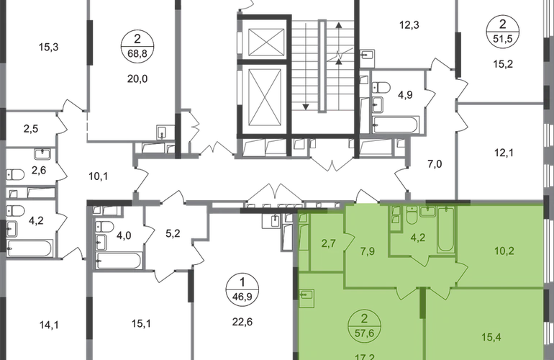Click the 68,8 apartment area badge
pos(137,46)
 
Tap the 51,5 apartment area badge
pos(502,31)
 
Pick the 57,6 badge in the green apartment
pos(364,326)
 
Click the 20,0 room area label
pos(137,79)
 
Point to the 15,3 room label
pos(48,47)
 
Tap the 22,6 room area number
pos(242,322)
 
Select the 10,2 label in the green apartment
pos(504,251)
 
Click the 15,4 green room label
pos(491,337)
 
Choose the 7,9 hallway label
pos(368,251)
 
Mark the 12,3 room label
pos(409,25)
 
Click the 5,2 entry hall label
pos(173,234)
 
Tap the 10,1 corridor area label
pos(99,176)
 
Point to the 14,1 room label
pos(49,325)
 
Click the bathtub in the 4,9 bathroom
pos(396,125)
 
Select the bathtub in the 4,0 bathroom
pos(119,261)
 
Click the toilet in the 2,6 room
pos(15,174)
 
